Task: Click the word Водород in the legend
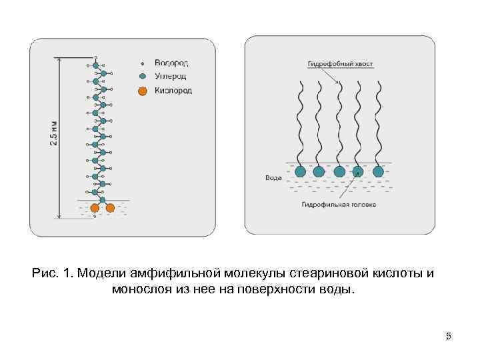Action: (171, 63)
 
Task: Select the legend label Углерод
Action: (171, 77)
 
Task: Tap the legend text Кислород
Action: (173, 91)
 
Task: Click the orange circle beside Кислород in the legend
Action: (142, 91)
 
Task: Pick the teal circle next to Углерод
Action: (142, 77)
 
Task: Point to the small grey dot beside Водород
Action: (142, 64)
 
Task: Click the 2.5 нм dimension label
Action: (54, 134)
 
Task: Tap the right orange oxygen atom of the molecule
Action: (111, 208)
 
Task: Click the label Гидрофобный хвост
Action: (340, 65)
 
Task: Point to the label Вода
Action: (272, 178)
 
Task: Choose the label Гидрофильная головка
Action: (339, 205)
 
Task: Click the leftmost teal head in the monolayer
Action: (300, 171)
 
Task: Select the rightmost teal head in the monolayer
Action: (379, 171)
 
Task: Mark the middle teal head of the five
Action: (339, 171)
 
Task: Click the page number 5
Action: (449, 337)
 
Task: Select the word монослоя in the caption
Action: (141, 290)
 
